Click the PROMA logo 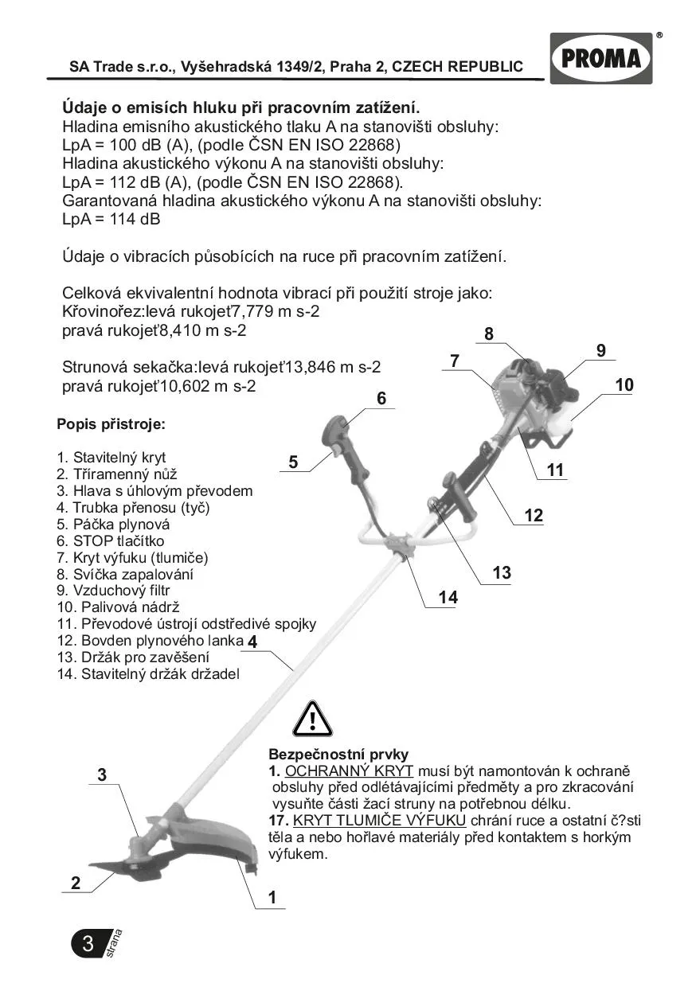click(x=600, y=58)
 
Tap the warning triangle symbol click(x=311, y=719)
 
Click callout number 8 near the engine click(x=488, y=334)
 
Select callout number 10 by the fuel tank click(x=624, y=385)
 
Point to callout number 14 click(x=448, y=597)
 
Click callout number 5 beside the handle click(x=293, y=462)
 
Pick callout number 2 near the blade click(x=76, y=883)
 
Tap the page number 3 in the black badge click(x=88, y=944)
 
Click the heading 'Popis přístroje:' click(x=111, y=424)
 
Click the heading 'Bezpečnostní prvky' click(x=338, y=754)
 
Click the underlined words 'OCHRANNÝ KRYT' click(x=349, y=771)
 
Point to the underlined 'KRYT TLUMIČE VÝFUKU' click(x=379, y=821)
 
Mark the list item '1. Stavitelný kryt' click(x=111, y=458)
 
